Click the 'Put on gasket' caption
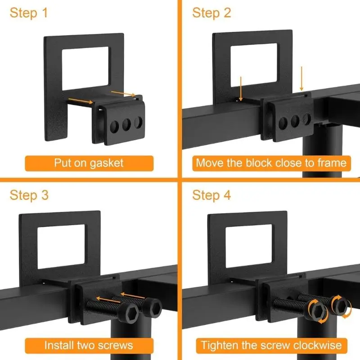pos(89,162)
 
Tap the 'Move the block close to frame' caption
pos(271,162)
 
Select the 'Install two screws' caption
pos(89,345)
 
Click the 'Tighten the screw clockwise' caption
pos(271,345)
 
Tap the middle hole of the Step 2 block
pos(296,120)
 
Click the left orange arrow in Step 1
pos(81,100)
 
